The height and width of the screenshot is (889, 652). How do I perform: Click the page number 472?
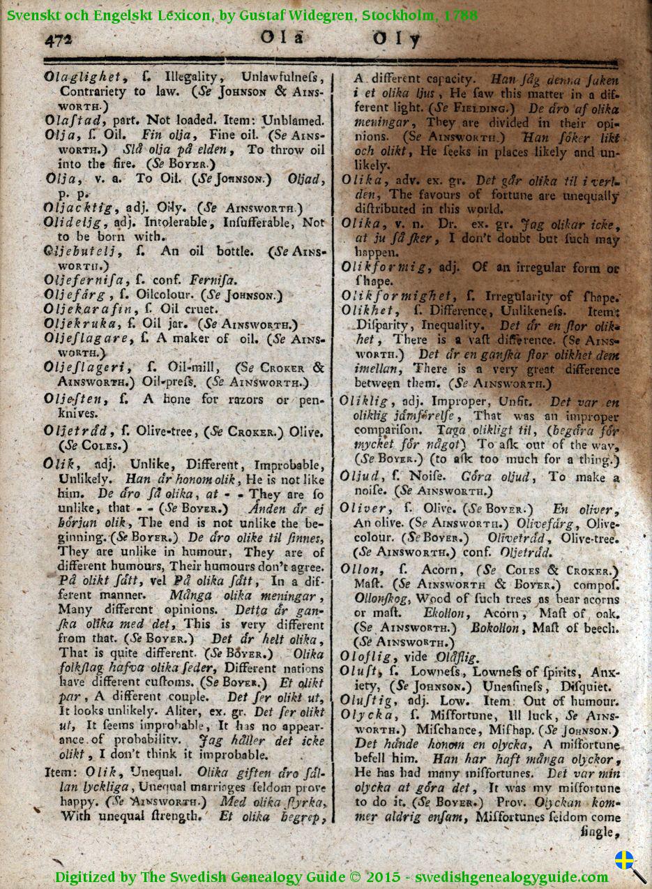58,40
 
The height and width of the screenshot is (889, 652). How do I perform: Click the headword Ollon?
361,569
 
